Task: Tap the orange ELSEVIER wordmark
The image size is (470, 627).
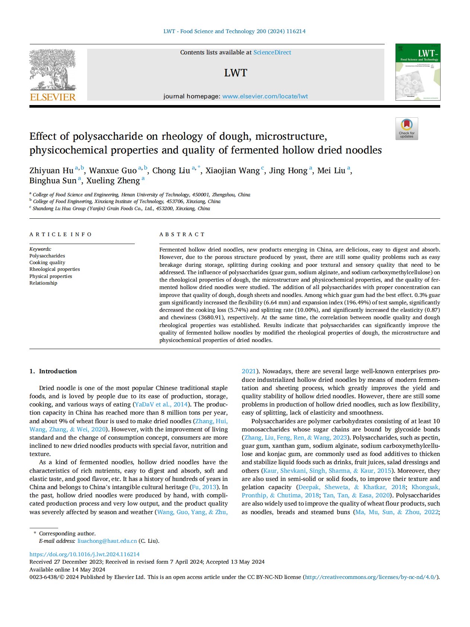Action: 53,97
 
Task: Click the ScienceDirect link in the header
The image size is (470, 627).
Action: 272,53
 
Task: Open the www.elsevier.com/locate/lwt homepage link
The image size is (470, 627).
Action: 265,96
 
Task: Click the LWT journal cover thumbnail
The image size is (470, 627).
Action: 417,72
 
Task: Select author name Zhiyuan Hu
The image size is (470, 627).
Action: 51,171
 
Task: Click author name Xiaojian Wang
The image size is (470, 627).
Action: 232,171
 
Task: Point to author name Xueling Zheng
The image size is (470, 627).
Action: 113,181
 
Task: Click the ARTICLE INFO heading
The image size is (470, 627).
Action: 61,234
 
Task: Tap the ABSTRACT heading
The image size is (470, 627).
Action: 182,234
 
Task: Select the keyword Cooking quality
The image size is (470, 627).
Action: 47,263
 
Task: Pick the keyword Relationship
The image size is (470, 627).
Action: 43,283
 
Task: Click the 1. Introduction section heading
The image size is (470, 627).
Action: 53,371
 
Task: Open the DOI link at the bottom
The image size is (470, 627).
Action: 85,554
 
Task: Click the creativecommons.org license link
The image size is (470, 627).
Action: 370,577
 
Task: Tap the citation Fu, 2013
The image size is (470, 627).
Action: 204,487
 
